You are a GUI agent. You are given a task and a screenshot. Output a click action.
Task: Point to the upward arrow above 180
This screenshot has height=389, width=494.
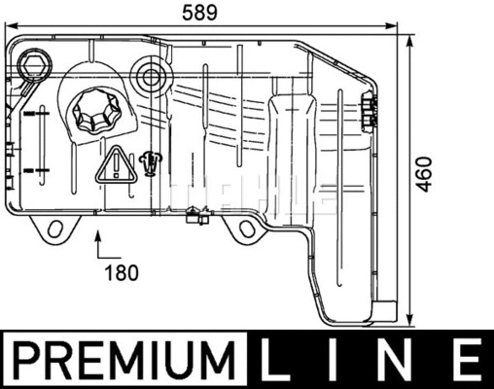coord(99,243)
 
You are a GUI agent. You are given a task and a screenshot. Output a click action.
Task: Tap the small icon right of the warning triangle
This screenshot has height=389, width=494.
coord(149,162)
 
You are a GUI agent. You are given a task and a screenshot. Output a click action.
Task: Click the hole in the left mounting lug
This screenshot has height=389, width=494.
coord(55,230)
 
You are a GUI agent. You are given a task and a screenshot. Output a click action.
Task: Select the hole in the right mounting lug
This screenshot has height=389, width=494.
coord(246,230)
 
